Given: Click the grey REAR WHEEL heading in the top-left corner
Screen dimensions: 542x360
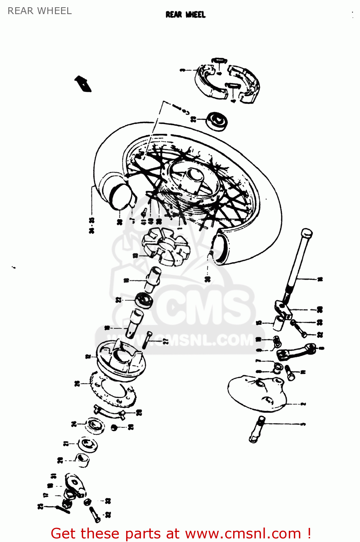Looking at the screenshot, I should coord(40,11).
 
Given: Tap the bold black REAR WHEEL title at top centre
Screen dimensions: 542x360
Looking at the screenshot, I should coord(185,14).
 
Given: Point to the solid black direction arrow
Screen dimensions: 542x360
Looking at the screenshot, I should coord(83,84).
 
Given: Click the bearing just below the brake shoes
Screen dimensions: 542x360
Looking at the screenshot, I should coord(217,121).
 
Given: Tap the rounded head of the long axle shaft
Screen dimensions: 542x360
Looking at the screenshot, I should coord(307,233).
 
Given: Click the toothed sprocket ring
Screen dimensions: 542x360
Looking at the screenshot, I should coord(112,392).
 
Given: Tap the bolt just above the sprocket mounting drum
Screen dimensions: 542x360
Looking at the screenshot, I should coord(147,340).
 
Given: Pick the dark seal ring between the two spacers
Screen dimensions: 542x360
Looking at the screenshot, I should coord(144,300).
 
